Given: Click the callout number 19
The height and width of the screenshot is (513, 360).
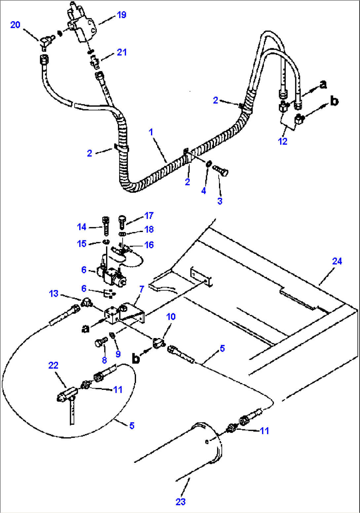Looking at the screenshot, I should point(122,15).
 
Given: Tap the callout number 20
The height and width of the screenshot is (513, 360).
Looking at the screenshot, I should point(15,25).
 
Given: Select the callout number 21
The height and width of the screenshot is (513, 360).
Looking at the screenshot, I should point(122,52).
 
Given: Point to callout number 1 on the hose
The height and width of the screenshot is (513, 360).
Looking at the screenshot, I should point(151,132).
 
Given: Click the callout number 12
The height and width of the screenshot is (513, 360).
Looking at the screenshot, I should point(282,141).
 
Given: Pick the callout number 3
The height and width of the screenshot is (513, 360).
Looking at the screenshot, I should point(220,201).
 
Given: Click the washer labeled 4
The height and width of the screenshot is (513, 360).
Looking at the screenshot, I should point(209,164).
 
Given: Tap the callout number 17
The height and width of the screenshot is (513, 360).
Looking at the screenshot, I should point(149,216).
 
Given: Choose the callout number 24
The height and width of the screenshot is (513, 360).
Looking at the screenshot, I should point(337,261).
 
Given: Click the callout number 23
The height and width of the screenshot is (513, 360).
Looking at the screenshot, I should point(180,502).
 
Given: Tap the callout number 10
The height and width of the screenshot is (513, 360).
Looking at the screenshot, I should point(171,317).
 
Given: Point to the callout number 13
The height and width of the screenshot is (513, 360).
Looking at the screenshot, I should point(54,293).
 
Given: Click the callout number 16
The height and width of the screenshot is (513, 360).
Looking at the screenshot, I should point(149,245).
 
